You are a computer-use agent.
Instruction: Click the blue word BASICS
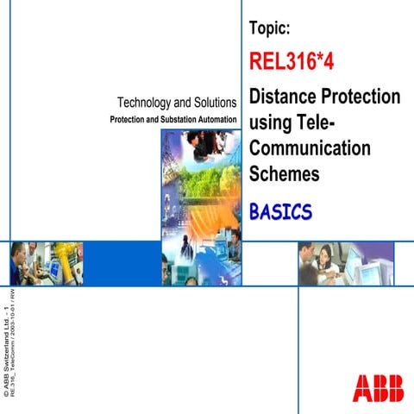coord(279,211)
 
